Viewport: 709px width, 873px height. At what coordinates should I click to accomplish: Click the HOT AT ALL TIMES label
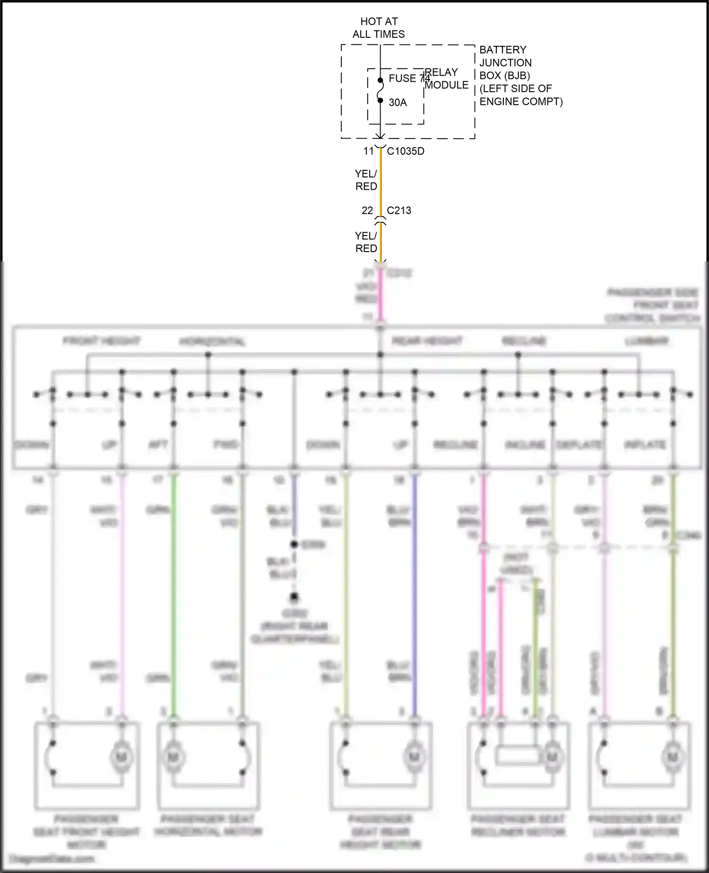pyautogui.click(x=379, y=27)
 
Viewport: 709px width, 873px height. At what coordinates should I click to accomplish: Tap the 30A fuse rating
pyautogui.click(x=398, y=103)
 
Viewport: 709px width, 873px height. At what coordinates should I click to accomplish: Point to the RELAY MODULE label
pyautogui.click(x=446, y=79)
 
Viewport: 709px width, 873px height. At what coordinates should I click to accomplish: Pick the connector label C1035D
pyautogui.click(x=406, y=151)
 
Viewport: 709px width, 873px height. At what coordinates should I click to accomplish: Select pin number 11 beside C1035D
pyautogui.click(x=368, y=151)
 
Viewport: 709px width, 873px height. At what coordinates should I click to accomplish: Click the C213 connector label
pyautogui.click(x=399, y=210)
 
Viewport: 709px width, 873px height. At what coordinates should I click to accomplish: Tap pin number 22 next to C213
pyautogui.click(x=367, y=210)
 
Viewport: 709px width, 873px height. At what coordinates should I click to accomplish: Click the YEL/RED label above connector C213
pyautogui.click(x=366, y=180)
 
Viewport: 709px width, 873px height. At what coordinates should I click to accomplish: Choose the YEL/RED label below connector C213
pyautogui.click(x=366, y=242)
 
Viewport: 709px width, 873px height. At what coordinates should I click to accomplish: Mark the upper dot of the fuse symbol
pyautogui.click(x=380, y=80)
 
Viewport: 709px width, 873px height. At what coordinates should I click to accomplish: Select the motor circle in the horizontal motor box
pyautogui.click(x=173, y=757)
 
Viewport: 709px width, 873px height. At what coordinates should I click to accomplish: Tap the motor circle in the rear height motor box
pyautogui.click(x=414, y=757)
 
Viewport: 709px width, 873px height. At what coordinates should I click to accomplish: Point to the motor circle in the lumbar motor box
pyautogui.click(x=672, y=757)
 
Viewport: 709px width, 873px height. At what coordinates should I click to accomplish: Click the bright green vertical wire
pyautogui.click(x=173, y=591)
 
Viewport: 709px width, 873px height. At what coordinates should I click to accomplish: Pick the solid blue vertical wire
pyautogui.click(x=415, y=591)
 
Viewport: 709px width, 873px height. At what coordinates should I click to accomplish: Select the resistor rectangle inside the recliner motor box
pyautogui.click(x=518, y=755)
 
